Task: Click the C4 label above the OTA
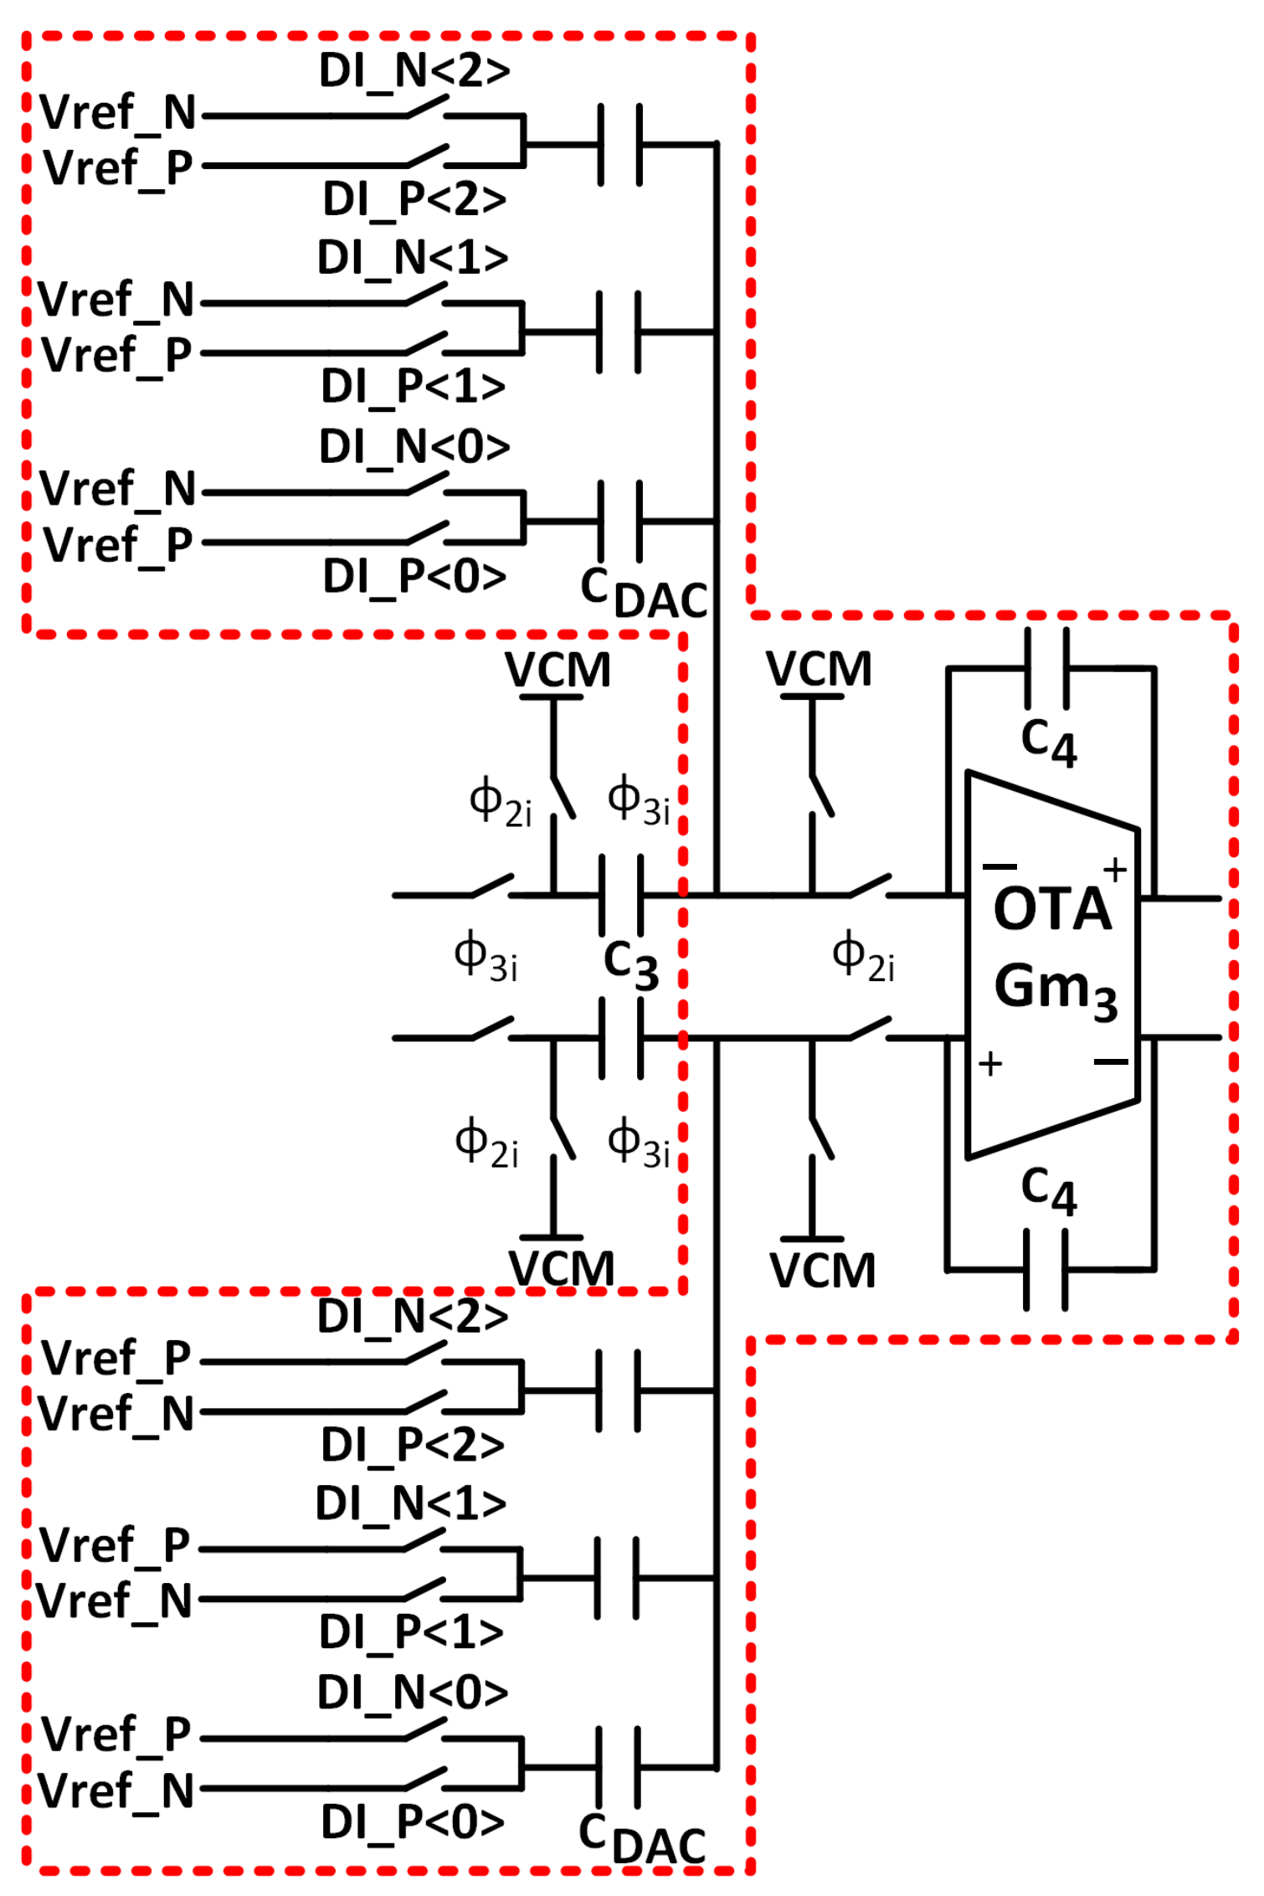(1048, 742)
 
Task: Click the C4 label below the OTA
(1048, 1190)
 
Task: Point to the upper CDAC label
(643, 593)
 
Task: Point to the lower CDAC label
(641, 1838)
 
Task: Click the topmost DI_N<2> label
(414, 70)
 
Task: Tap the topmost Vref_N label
(117, 112)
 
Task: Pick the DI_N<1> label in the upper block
(413, 257)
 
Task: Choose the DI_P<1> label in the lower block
(411, 1631)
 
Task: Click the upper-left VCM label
(557, 670)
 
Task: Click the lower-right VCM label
(822, 1271)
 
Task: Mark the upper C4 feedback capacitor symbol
(1046, 669)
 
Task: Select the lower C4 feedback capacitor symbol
(1046, 1269)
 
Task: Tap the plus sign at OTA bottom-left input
(990, 1064)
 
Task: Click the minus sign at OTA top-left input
(999, 866)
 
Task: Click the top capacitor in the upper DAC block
(620, 145)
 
